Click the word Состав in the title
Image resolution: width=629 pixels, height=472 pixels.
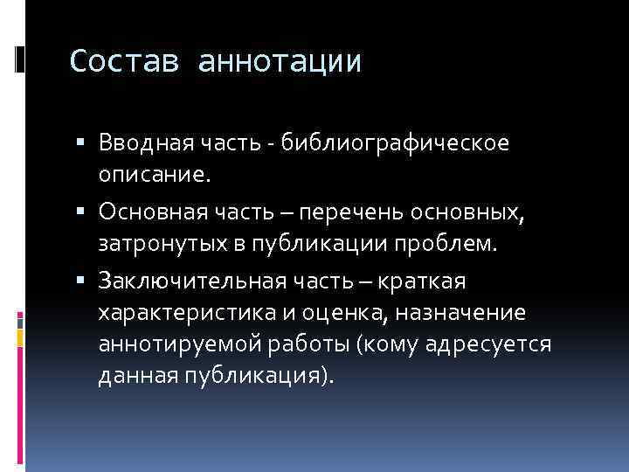click(126, 61)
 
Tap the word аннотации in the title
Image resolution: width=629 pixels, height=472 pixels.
click(280, 61)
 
